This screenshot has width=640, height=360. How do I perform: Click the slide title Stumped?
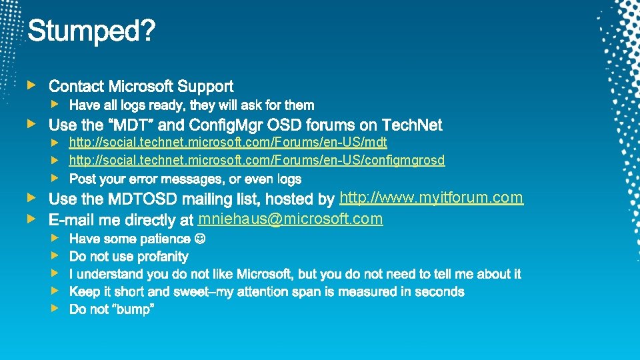91,30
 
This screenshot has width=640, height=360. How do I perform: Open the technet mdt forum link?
228,143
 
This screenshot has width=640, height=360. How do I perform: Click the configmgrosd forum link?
257,160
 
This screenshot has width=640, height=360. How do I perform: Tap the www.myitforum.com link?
431,197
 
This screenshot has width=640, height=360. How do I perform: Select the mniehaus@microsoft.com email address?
291,219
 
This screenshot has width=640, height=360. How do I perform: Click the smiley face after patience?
199,239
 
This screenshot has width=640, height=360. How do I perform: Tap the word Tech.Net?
413,125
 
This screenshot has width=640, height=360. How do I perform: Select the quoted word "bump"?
133,310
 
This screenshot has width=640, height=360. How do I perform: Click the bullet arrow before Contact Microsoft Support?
30,85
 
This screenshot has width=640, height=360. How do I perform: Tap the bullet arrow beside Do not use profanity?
56,255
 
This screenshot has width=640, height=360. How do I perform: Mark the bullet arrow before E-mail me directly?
30,218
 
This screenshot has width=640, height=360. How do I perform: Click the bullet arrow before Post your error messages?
56,178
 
